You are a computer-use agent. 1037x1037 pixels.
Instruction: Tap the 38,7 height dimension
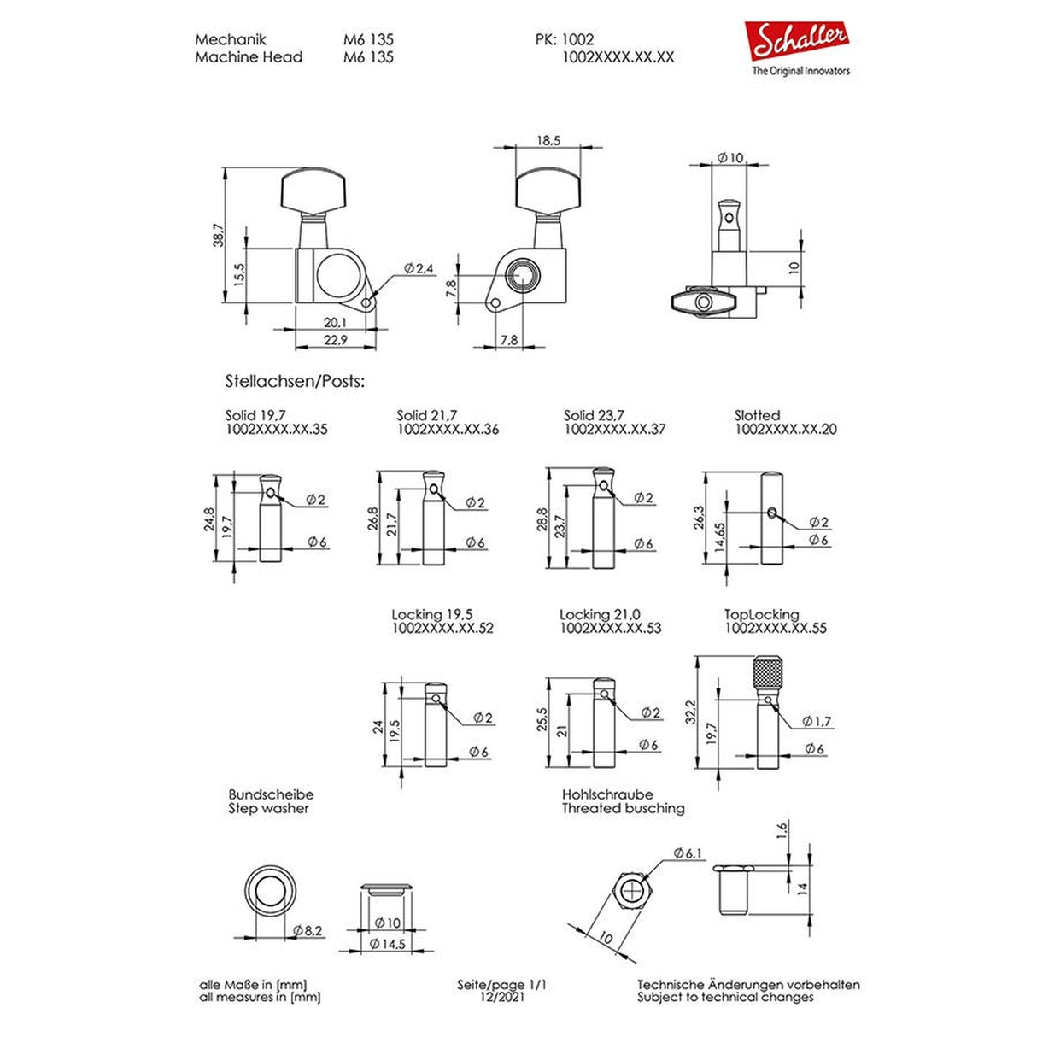(219, 235)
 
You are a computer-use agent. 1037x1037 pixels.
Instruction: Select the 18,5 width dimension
(548, 140)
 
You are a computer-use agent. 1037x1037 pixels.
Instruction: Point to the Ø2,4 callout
(419, 268)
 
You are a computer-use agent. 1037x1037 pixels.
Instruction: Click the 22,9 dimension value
(335, 340)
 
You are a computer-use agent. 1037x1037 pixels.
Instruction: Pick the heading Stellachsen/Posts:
(295, 382)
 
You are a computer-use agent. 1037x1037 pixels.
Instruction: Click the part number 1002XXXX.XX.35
(277, 429)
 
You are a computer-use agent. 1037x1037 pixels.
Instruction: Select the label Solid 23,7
(594, 415)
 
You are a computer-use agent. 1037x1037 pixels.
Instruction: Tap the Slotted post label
(757, 415)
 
